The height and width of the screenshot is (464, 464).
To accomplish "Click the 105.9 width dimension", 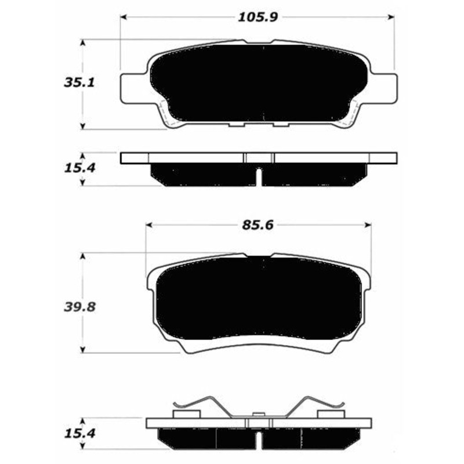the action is [258, 17].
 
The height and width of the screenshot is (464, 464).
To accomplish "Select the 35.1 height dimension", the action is [79, 82].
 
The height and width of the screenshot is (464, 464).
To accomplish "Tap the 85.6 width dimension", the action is [258, 225].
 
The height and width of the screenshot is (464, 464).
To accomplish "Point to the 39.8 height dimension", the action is [79, 307].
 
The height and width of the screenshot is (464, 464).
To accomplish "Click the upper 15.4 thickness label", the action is [79, 168].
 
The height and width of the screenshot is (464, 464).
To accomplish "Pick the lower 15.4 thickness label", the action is [79, 434].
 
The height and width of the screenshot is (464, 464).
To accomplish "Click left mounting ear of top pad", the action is [134, 89].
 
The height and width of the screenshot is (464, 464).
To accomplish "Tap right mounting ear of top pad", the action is [383, 89].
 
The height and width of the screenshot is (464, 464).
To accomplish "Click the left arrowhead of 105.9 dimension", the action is [124, 17].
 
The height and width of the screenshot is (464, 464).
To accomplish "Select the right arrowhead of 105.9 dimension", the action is [391, 17].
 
